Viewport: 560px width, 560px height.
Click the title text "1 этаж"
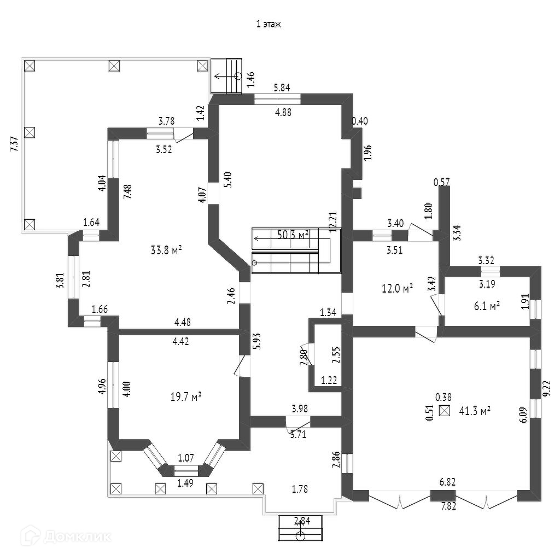(x=269, y=24)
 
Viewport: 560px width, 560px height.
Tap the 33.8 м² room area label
(x=166, y=250)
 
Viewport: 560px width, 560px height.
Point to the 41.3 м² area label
(x=474, y=410)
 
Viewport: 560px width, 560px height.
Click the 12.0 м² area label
(x=397, y=288)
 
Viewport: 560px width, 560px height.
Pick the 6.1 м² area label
(x=487, y=307)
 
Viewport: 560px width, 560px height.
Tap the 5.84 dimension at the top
(x=282, y=87)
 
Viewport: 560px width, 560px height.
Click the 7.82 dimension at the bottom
(x=449, y=506)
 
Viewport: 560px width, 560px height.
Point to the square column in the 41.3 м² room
(x=445, y=411)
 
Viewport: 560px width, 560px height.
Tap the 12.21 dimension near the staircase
(x=331, y=222)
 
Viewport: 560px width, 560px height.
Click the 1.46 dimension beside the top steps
(x=251, y=80)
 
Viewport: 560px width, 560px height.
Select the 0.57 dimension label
(x=441, y=182)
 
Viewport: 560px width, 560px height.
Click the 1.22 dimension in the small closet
(x=329, y=380)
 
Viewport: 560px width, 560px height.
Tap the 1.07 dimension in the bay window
(x=186, y=458)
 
